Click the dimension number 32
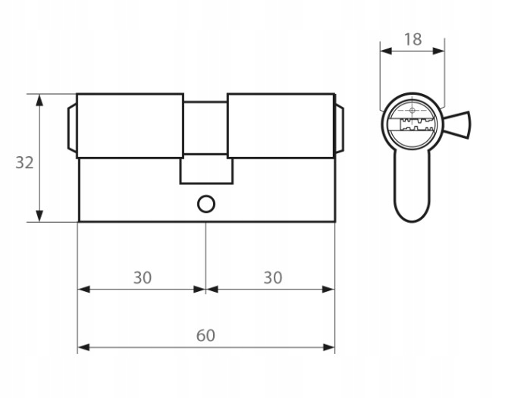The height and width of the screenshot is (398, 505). tap(24, 163)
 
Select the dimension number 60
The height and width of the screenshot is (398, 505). tap(205, 335)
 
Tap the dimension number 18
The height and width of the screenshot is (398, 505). tap(412, 39)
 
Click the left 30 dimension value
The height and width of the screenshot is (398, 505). tap(143, 277)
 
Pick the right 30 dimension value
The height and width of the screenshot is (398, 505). tap(273, 277)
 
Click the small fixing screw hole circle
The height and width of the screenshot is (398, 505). tap(206, 204)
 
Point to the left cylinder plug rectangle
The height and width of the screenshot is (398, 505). tap(130, 126)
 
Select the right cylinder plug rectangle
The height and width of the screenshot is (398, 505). tap(281, 126)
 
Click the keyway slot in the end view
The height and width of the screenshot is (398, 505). tap(416, 124)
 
